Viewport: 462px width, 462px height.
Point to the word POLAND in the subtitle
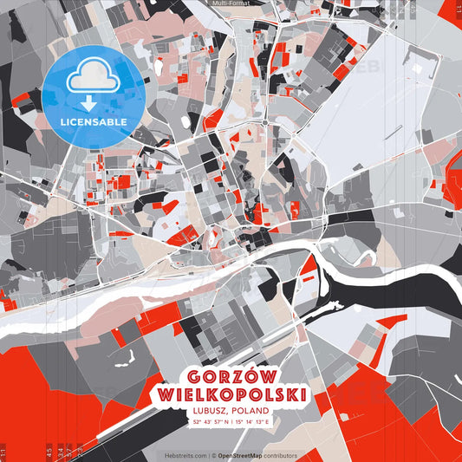(x=251, y=410)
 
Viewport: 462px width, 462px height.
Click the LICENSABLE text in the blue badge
(x=93, y=122)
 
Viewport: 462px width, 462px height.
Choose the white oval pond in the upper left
(x=159, y=66)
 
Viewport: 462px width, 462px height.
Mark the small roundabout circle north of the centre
(x=264, y=123)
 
